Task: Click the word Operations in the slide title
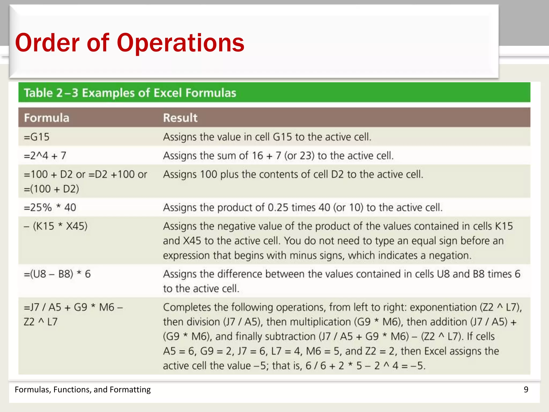coord(180,43)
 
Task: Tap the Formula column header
coord(47,118)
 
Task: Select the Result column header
coord(180,118)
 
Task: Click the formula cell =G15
coord(37,137)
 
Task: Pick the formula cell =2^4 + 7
coord(45,156)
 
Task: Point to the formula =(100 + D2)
coord(51,189)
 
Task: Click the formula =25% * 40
coord(50,207)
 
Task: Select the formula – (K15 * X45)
coord(56,226)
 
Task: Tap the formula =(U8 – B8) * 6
coord(57,274)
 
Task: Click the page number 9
coord(526,389)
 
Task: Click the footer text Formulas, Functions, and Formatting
coord(83,389)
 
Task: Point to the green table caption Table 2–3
coord(51,93)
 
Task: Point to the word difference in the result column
coord(239,274)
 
